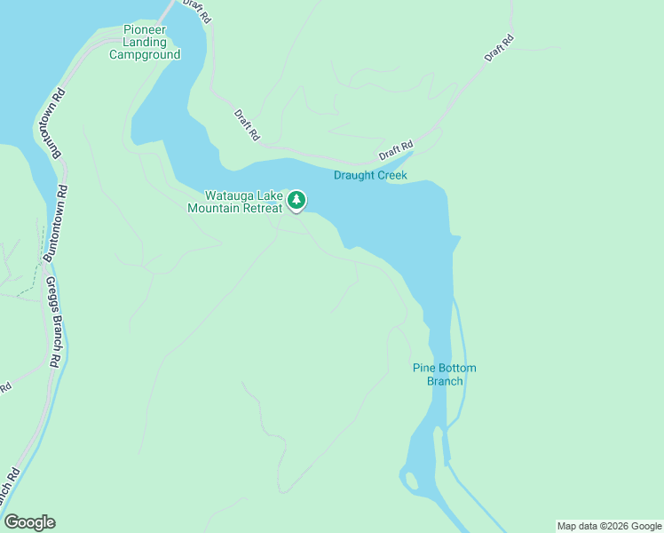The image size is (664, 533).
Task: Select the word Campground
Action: coord(145,54)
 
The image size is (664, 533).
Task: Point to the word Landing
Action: coord(145,42)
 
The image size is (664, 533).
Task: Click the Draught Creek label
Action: coord(370,175)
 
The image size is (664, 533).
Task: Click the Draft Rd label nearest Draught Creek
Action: coord(396,151)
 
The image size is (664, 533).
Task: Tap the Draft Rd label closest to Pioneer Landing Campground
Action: coord(247,125)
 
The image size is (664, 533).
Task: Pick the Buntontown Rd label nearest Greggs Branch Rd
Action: coord(60,222)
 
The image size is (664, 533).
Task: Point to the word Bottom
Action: coord(457,368)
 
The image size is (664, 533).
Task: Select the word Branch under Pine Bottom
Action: coord(445,381)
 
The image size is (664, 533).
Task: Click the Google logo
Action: coord(29,522)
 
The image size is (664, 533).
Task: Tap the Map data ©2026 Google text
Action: coord(608,526)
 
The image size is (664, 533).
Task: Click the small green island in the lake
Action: coord(411,482)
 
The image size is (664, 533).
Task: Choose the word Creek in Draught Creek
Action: coord(391,175)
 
